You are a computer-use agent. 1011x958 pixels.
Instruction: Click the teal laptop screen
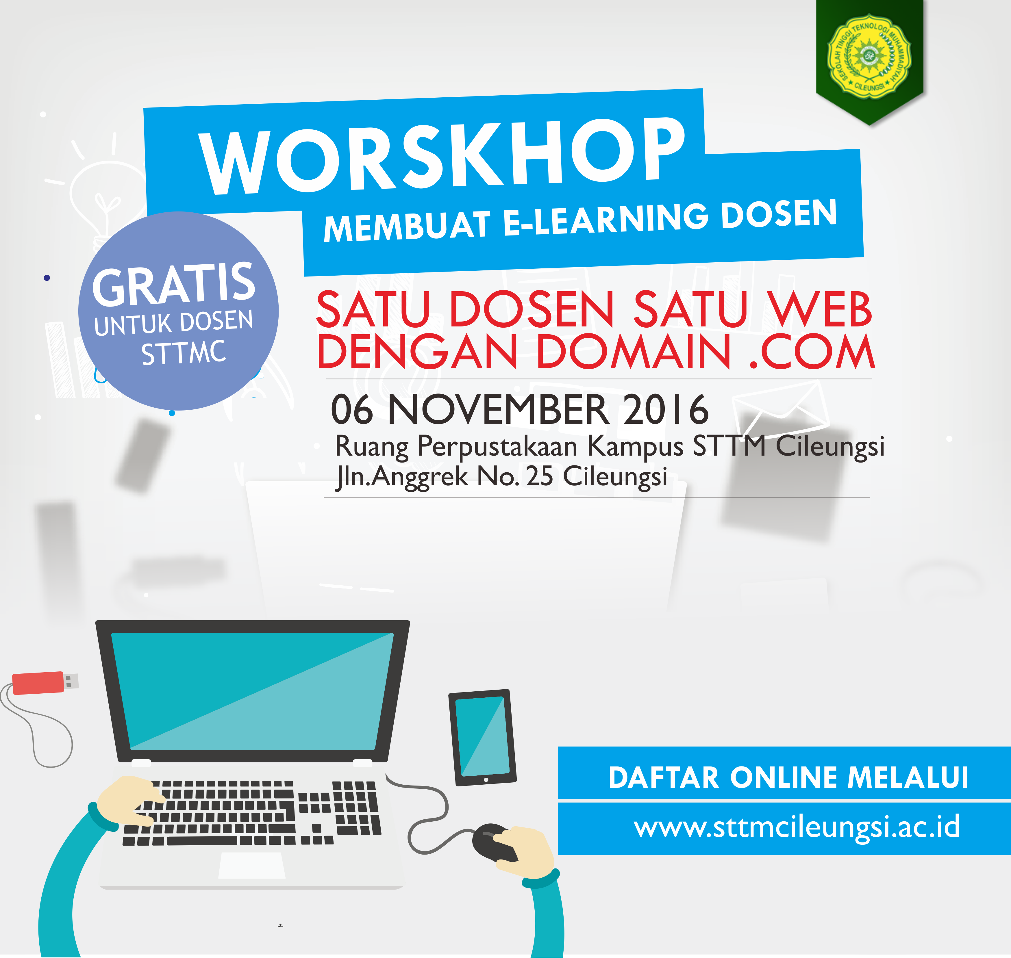coord(252,691)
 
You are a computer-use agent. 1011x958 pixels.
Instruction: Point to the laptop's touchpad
coord(252,865)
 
